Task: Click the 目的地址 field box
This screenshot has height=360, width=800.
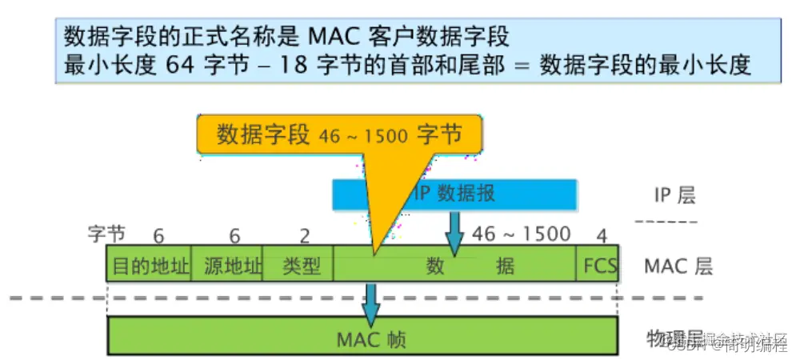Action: pyautogui.click(x=150, y=266)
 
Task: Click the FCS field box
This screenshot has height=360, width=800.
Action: pyautogui.click(x=599, y=266)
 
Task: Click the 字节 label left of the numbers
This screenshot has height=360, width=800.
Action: pyautogui.click(x=106, y=234)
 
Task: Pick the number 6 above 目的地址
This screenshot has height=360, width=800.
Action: pyautogui.click(x=158, y=235)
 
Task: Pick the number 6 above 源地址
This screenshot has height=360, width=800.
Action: pyautogui.click(x=234, y=235)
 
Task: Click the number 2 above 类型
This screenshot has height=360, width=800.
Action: pyautogui.click(x=305, y=235)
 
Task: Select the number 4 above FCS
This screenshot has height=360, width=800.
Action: pyautogui.click(x=602, y=235)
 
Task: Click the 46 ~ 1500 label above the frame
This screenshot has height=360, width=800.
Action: pyautogui.click(x=522, y=234)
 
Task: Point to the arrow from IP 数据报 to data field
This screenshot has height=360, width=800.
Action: pyautogui.click(x=454, y=234)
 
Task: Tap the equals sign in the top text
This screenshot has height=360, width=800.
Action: pyautogui.click(x=522, y=66)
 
